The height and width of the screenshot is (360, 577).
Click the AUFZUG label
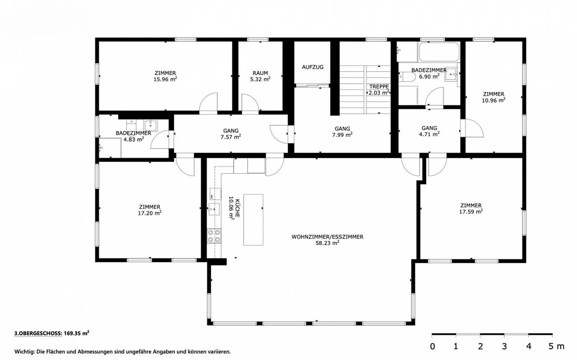click(313, 67)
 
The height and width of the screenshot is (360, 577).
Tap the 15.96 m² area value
click(165, 79)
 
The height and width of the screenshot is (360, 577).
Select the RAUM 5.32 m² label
click(260, 76)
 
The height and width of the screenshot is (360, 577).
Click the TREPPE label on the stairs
click(379, 86)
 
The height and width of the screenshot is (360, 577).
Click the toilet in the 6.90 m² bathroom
click(404, 77)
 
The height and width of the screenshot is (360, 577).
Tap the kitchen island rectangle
click(253, 219)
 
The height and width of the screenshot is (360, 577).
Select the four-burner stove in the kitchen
click(214, 236)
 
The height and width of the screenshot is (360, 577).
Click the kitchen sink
click(214, 209)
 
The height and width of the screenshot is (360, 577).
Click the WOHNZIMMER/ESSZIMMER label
click(327, 237)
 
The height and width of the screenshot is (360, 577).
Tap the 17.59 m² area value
click(470, 211)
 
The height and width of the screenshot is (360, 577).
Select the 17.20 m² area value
click(149, 213)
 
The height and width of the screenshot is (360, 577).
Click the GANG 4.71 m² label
click(429, 131)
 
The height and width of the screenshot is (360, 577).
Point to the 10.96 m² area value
click(493, 100)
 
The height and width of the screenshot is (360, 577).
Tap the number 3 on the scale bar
click(504, 346)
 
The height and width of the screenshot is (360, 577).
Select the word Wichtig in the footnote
click(24, 352)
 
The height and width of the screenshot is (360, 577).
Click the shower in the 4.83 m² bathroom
click(109, 148)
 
